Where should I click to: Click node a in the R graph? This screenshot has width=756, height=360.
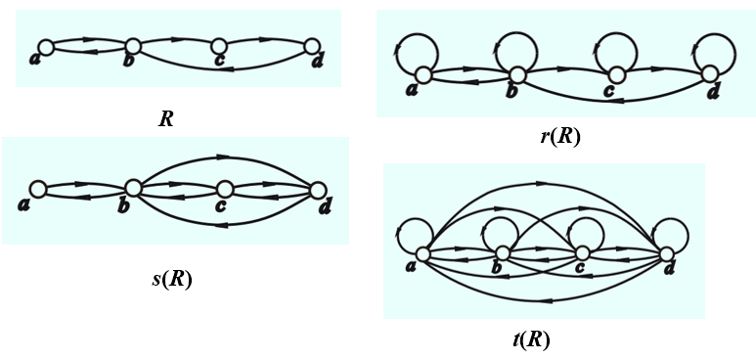click(x=45, y=46)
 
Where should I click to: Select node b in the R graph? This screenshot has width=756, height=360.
click(x=132, y=45)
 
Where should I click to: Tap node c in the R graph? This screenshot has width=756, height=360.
click(x=220, y=45)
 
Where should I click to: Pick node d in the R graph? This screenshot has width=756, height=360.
click(x=312, y=46)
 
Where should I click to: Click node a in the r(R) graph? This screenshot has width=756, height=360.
click(x=423, y=74)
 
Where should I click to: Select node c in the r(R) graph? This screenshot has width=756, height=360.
click(x=614, y=74)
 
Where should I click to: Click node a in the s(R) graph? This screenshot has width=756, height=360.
click(x=38, y=189)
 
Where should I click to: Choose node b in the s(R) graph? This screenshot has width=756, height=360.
click(x=132, y=189)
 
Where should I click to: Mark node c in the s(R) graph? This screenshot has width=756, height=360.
click(x=225, y=189)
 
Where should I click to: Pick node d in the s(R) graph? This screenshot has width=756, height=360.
click(x=317, y=189)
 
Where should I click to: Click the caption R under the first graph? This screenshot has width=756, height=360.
click(x=166, y=120)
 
